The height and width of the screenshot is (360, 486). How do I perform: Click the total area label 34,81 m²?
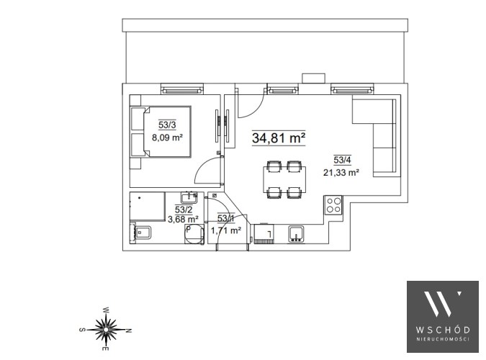(279, 138)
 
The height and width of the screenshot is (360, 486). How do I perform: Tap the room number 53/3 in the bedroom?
(167, 125)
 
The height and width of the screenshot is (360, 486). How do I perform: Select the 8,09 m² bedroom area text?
(167, 137)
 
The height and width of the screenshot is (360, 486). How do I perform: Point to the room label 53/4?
(342, 160)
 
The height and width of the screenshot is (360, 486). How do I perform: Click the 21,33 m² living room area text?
(341, 172)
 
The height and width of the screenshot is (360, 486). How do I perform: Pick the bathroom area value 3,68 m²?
(183, 219)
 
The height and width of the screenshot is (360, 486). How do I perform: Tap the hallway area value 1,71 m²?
(226, 230)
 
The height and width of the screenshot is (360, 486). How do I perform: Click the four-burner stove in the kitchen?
(333, 205)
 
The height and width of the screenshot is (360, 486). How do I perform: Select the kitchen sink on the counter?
(296, 233)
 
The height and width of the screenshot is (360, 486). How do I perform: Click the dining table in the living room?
(284, 180)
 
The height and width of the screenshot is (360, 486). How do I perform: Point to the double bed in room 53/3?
(161, 132)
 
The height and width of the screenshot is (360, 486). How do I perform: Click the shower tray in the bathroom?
(147, 207)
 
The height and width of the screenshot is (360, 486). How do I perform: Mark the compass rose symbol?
(106, 329)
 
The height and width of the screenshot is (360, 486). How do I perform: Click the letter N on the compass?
(130, 330)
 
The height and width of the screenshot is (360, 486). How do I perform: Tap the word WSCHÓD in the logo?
(443, 330)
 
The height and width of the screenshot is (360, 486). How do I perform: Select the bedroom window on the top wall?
(182, 89)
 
